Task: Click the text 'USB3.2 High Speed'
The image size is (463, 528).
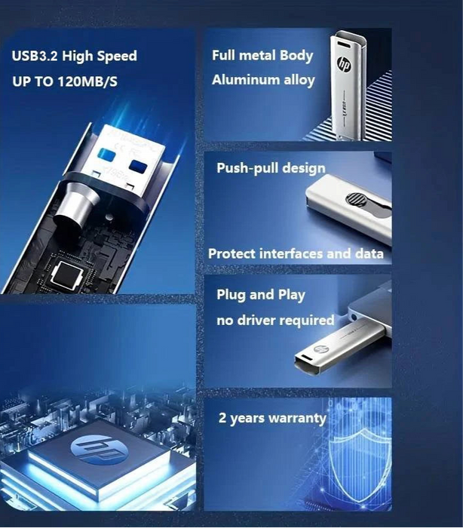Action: (75, 56)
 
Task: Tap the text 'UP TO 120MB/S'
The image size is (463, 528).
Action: (65, 81)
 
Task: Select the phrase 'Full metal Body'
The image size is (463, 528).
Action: (262, 55)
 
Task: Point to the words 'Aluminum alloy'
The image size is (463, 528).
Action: (263, 79)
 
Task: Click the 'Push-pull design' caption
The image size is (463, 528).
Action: (271, 167)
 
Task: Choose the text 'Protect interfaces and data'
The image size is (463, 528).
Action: (296, 253)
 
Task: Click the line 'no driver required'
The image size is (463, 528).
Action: (275, 321)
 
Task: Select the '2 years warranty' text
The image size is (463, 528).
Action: (272, 418)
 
